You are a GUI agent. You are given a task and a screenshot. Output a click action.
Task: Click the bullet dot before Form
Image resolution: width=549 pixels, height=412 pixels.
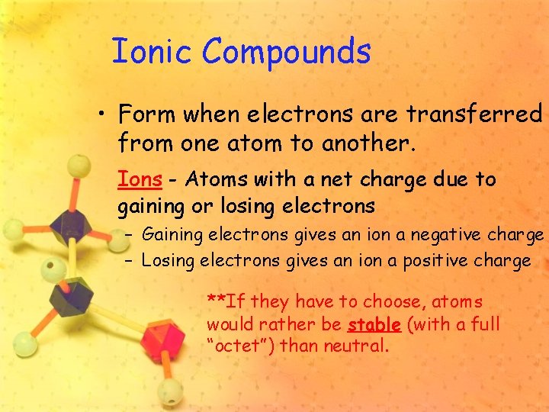coord(101,116)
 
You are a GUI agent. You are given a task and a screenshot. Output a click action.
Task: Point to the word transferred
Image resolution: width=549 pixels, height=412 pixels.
coord(474,114)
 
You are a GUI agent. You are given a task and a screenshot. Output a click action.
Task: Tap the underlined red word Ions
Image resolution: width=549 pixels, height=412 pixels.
coord(140,180)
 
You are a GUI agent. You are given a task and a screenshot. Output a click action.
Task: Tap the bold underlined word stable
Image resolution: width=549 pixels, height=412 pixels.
coord(374,325)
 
